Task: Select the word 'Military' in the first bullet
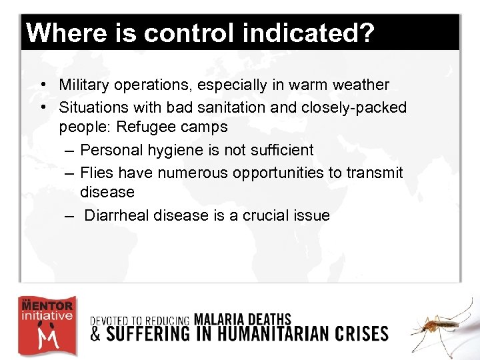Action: pyautogui.click(x=83, y=85)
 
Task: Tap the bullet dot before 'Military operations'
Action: pyautogui.click(x=42, y=85)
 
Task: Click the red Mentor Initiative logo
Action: pyautogui.click(x=46, y=326)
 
